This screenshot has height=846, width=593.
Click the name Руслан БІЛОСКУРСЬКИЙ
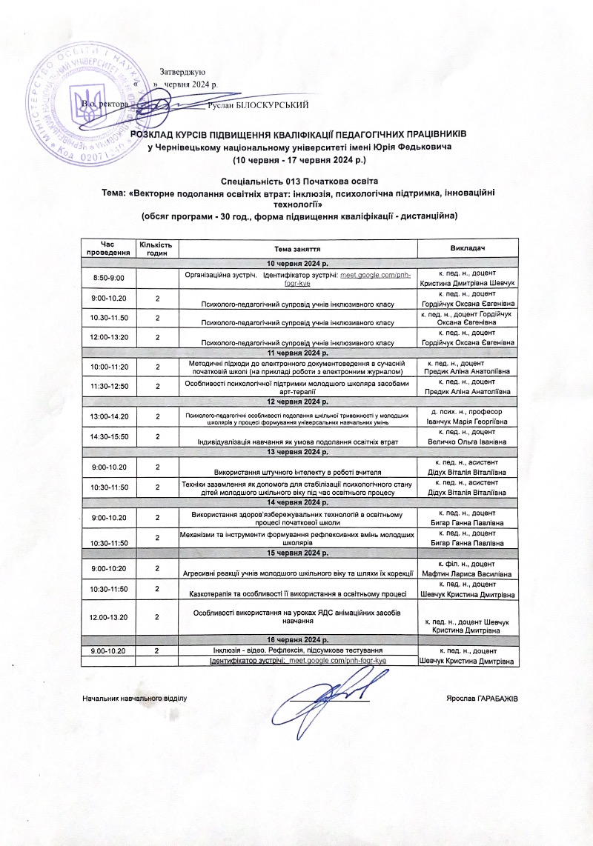(x=259, y=105)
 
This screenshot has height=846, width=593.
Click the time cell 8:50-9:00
(x=108, y=277)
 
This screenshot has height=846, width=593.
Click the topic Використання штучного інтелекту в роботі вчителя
(x=298, y=471)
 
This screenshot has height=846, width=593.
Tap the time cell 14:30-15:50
(x=108, y=437)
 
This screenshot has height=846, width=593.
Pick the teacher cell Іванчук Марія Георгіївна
(x=468, y=421)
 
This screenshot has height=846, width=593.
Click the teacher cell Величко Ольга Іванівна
(x=468, y=442)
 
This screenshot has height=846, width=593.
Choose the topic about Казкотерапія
(x=298, y=594)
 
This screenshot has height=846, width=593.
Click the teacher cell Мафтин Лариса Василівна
(x=468, y=573)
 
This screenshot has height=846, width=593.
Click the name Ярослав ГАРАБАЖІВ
(x=483, y=699)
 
